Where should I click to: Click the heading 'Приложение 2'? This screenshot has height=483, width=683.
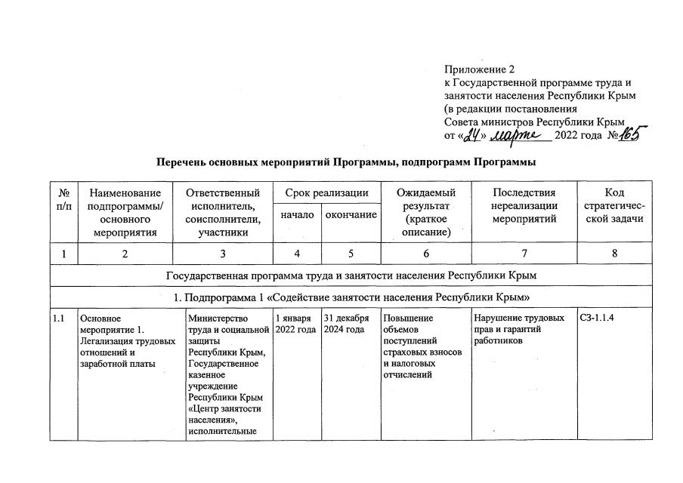tap(478, 70)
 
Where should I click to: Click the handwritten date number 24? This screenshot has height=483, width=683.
tap(472, 136)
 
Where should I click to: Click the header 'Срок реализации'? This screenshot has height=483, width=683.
tap(326, 193)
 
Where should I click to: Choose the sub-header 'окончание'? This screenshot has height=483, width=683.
tap(351, 216)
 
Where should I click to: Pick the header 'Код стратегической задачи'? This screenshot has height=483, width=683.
tap(614, 205)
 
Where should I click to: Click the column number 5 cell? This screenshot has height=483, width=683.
tap(351, 254)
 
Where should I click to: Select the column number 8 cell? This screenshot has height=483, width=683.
tap(614, 254)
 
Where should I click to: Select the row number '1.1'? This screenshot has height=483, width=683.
tap(59, 318)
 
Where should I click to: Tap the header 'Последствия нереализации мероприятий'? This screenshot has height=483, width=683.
tap(524, 206)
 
